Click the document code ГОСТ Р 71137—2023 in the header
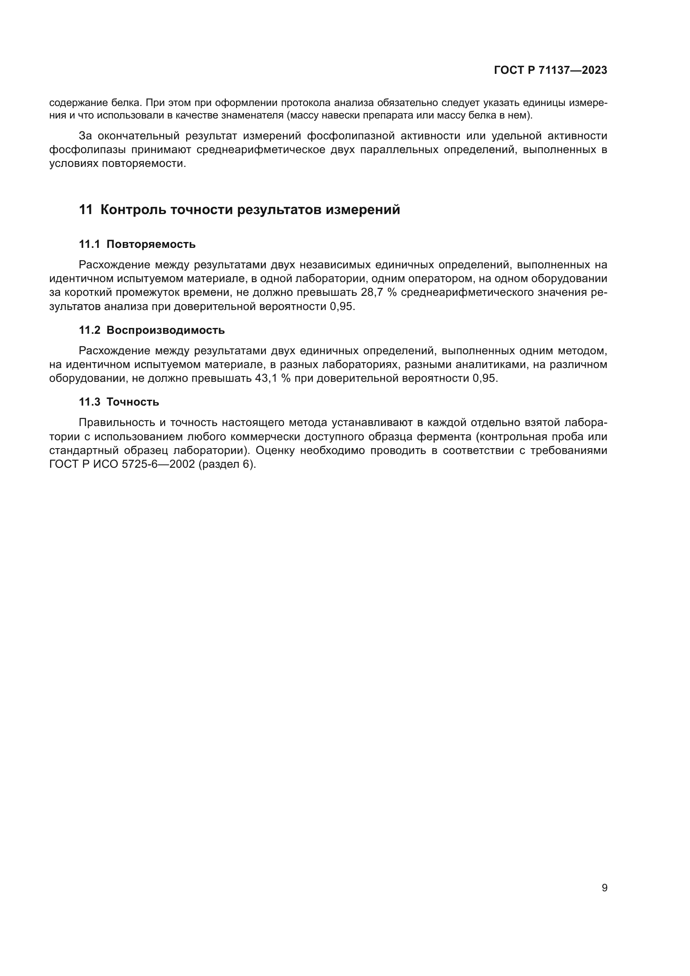pos(551,71)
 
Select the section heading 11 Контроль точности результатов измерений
pos(239,209)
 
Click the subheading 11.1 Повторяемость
pos(137,245)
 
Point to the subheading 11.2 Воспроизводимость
pos(152,330)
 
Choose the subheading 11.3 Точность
pos(119,402)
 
